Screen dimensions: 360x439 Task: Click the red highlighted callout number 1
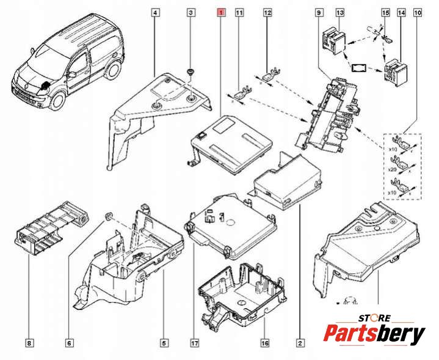(x=221, y=12)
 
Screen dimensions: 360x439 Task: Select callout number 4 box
(x=156, y=12)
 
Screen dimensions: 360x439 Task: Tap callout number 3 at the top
(x=191, y=12)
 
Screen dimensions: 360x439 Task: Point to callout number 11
(x=239, y=12)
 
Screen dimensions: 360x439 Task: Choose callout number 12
(x=267, y=12)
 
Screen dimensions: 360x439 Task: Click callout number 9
(x=319, y=12)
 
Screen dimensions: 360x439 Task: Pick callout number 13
(x=340, y=12)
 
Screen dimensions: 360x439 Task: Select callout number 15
(x=385, y=12)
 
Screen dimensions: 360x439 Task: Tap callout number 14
(x=401, y=12)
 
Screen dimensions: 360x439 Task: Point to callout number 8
(x=29, y=343)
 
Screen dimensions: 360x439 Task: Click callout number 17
(x=194, y=343)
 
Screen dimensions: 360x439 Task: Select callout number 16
(x=264, y=343)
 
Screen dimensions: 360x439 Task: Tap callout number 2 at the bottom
(x=300, y=343)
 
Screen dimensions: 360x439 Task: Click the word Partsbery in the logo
(x=374, y=334)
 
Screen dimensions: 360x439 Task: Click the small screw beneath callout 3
(x=191, y=73)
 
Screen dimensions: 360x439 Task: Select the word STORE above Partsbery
(x=373, y=318)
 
